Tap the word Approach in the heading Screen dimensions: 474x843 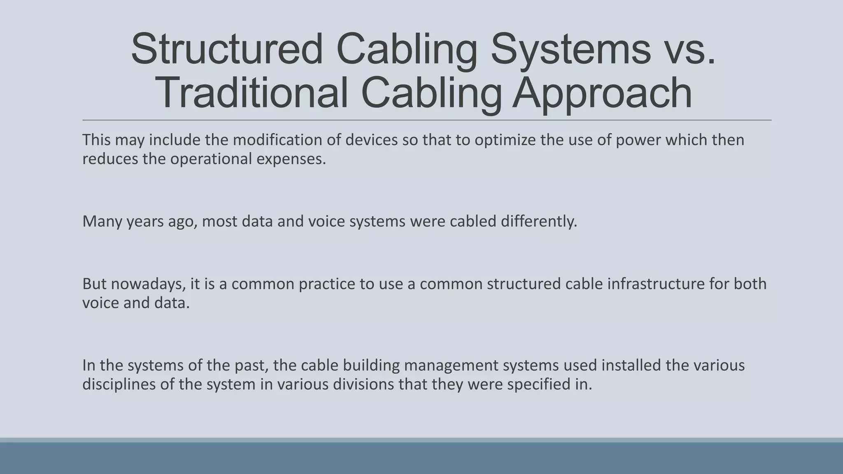point(602,94)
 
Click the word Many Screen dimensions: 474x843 point(102,221)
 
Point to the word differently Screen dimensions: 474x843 point(539,221)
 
